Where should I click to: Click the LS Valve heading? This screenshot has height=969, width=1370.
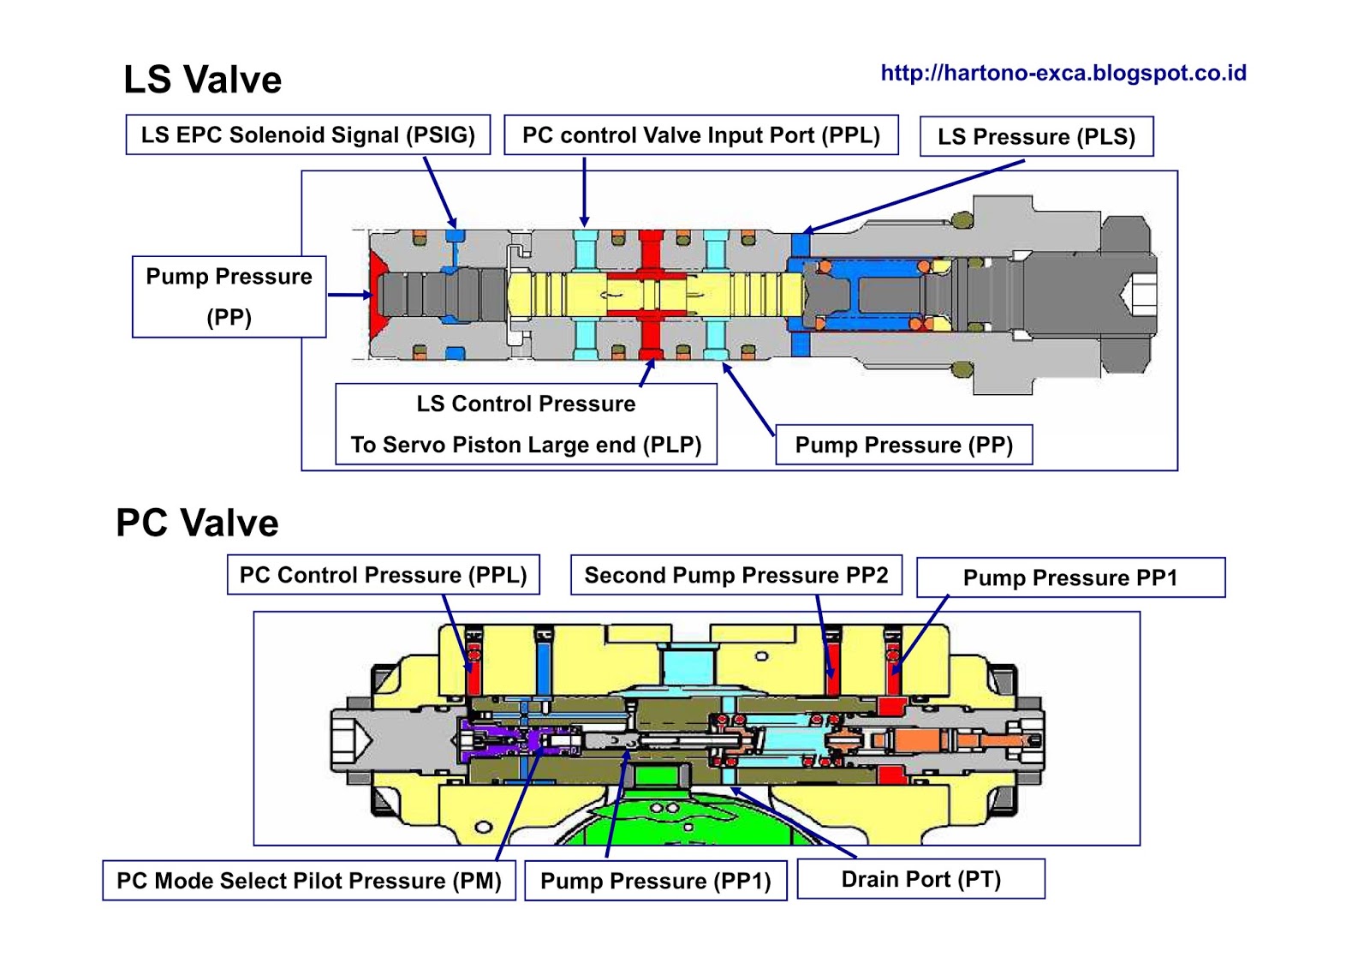(202, 80)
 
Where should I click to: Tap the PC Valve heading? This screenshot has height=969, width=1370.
(197, 523)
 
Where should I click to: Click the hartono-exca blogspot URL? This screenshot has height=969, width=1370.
(1063, 74)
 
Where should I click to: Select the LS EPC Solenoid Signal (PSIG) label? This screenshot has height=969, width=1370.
(308, 135)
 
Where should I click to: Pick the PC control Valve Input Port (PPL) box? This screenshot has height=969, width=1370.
(701, 135)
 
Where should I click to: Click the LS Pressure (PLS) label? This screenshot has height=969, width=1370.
(1037, 136)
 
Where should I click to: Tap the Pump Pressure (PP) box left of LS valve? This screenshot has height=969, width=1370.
(229, 297)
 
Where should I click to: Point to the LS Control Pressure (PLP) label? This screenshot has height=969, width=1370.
(526, 424)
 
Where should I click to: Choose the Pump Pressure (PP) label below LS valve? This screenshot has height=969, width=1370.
(904, 445)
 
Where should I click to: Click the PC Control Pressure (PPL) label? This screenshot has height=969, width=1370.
(384, 575)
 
